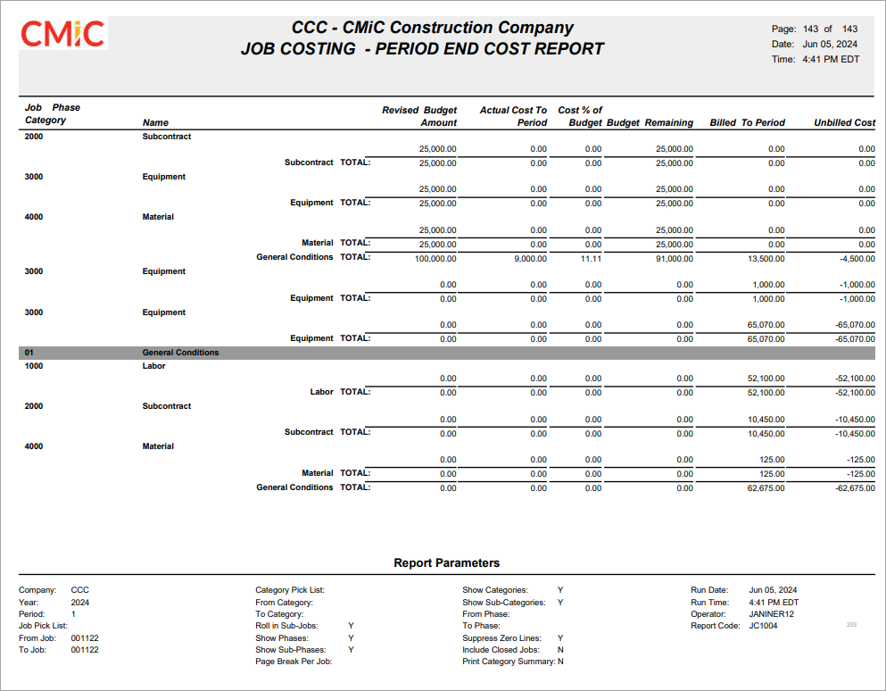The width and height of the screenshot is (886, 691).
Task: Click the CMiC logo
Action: point(62,34)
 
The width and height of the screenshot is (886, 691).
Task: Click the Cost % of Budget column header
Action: point(581,116)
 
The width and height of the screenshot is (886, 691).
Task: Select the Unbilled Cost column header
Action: point(844,122)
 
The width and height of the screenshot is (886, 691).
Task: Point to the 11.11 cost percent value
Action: point(592,258)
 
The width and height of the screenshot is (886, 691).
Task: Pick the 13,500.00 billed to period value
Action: point(766,258)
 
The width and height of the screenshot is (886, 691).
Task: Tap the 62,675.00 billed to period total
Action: point(766,488)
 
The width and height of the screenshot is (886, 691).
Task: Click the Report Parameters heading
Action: point(446,563)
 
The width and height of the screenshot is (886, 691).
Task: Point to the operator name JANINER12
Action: point(772,614)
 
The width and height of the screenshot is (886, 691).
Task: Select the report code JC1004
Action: point(764,626)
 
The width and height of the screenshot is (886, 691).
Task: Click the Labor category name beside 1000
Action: point(153,366)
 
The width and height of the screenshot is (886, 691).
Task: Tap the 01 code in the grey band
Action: point(29,353)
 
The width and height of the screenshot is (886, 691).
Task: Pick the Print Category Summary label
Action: point(508,662)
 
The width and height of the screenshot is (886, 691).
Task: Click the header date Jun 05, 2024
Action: point(830,44)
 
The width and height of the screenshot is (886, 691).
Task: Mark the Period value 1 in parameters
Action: point(74,614)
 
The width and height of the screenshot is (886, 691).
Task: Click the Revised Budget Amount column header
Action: point(419,116)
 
